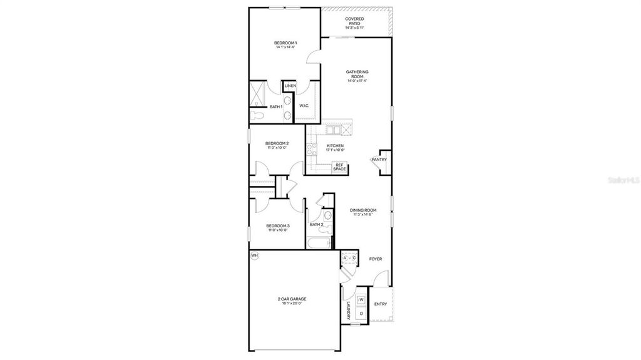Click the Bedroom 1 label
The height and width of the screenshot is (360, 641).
[285, 43]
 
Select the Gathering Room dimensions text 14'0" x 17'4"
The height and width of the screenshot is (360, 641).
[357, 81]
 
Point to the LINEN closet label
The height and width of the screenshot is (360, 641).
[290, 86]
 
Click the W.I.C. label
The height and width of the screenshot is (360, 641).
[304, 106]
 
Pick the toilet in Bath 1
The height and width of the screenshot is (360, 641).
[257, 116]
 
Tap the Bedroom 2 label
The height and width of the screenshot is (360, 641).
[278, 143]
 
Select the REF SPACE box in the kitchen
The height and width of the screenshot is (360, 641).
[339, 167]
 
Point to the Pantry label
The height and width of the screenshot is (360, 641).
[379, 160]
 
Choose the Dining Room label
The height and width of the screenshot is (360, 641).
[362, 210]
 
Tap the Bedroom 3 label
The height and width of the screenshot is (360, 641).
[277, 226]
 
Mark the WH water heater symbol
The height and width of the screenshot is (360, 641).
[254, 255]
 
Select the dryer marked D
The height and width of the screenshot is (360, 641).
[361, 314]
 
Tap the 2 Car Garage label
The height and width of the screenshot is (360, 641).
[292, 299]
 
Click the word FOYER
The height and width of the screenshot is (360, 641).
[375, 259]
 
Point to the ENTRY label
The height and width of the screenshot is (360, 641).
[380, 304]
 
